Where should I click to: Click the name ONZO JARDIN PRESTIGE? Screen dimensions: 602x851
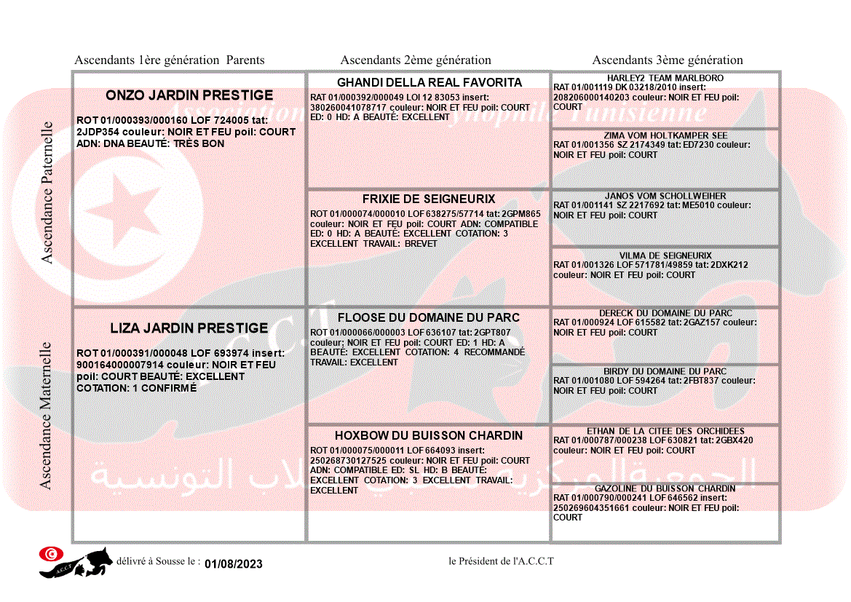coord(189,95)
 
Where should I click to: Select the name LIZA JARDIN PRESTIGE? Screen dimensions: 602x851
coord(189,328)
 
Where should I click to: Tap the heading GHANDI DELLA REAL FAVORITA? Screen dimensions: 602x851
coord(430,82)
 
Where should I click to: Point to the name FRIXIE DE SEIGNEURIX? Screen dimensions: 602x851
coord(429,199)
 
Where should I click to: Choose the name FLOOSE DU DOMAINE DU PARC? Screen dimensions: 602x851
coord(429,317)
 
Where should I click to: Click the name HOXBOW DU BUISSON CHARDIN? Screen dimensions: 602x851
coord(429,435)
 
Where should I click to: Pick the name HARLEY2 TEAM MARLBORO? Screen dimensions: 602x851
coord(665,78)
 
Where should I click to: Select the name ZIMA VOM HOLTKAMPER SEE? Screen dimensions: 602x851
coord(665,135)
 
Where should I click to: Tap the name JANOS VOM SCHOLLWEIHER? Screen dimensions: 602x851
coord(665,196)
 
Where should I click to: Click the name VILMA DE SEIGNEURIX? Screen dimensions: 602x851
coord(665,256)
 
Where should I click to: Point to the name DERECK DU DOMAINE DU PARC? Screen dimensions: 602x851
coord(665,313)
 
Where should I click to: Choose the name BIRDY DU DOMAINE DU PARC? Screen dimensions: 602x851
coord(665,371)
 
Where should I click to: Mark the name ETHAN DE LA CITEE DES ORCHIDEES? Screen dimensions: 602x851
coord(665,431)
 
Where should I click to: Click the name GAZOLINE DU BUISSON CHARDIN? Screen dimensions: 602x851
coord(665,488)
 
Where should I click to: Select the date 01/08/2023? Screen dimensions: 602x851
coord(233,564)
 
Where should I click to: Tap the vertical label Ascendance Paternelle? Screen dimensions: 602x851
coord(47,192)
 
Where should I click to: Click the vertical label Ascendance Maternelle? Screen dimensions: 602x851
coord(46,415)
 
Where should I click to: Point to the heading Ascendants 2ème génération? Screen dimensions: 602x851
coord(416,60)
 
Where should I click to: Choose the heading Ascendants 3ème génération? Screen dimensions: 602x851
coord(668,60)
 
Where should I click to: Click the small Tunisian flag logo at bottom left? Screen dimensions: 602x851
coord(51,554)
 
